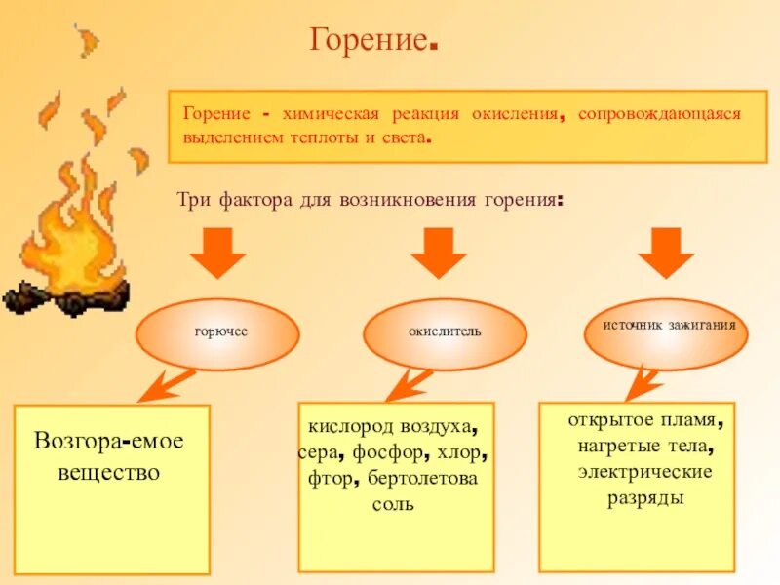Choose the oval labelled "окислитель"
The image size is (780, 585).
click(445, 333)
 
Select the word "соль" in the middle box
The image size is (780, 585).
click(394, 504)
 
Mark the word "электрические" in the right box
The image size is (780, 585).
click(643, 472)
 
